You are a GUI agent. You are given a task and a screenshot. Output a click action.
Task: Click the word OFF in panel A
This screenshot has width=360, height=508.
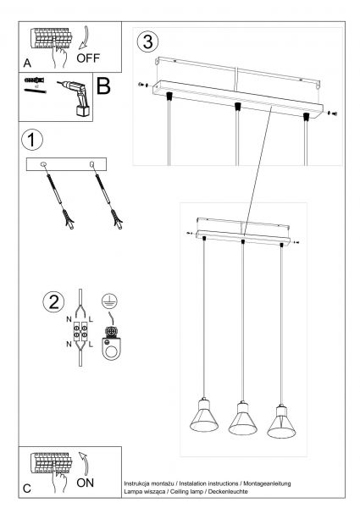[x=88, y=58]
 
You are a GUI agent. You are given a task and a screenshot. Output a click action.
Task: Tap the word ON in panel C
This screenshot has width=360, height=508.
[x=86, y=483]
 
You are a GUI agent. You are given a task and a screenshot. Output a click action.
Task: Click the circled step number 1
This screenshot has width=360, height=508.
[x=31, y=140]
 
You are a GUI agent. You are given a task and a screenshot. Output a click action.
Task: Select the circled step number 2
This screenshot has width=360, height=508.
[x=53, y=302]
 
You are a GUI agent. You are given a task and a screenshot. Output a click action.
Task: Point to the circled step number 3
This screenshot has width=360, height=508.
[x=147, y=42]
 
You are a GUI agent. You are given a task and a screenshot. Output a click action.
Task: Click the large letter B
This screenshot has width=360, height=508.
[x=103, y=86]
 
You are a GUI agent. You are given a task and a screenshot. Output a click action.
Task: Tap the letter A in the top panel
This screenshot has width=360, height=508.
[x=27, y=63]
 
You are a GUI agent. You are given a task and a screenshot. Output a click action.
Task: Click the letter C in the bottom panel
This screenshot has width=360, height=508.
[x=27, y=489]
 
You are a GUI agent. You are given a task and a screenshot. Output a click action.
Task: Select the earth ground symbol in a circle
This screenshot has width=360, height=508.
[x=110, y=301]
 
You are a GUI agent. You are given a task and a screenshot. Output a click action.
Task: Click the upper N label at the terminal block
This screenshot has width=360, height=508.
[x=69, y=319]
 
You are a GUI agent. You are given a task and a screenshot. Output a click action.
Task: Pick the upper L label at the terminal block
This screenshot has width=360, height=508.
[x=91, y=319]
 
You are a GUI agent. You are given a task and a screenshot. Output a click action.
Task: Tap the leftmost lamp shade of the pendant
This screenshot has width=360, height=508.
[x=204, y=418]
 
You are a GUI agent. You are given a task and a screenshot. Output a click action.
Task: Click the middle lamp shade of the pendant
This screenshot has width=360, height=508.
[x=243, y=421]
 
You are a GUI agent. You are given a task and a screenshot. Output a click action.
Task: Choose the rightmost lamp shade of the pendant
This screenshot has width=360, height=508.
[x=281, y=424]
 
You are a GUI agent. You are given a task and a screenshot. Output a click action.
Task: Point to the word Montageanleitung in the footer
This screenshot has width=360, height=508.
[x=267, y=483]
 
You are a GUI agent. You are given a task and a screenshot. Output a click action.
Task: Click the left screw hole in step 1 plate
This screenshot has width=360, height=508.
[x=43, y=164]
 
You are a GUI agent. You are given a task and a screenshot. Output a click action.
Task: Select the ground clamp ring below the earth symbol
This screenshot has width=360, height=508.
[x=111, y=348]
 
